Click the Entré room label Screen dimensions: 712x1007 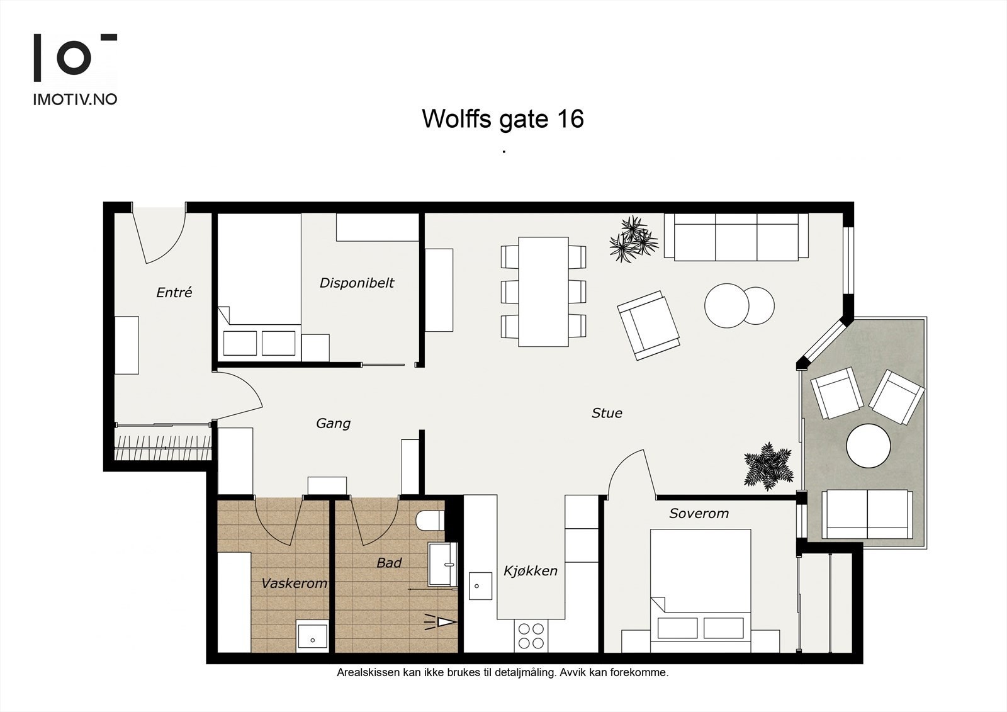[x=174, y=293]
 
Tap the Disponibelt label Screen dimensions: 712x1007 [x=356, y=283]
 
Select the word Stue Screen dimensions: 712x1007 [x=607, y=413]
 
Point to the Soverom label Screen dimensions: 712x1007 [x=699, y=513]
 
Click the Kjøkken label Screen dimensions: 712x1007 [x=530, y=571]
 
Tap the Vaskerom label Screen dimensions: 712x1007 [x=294, y=583]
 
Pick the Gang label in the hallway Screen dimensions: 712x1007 [x=333, y=423]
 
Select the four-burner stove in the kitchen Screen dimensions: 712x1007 [x=531, y=635]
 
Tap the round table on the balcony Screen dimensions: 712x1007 [x=868, y=445]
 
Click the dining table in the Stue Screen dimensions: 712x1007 [x=543, y=291]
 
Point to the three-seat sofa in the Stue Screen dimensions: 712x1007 [x=736, y=237]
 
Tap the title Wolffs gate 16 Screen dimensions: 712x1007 [x=502, y=118]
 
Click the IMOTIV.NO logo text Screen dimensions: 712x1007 [x=74, y=99]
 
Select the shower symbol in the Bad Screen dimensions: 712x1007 [x=441, y=622]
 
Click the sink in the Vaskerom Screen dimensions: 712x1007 [x=312, y=635]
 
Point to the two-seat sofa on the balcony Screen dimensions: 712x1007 [x=867, y=514]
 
